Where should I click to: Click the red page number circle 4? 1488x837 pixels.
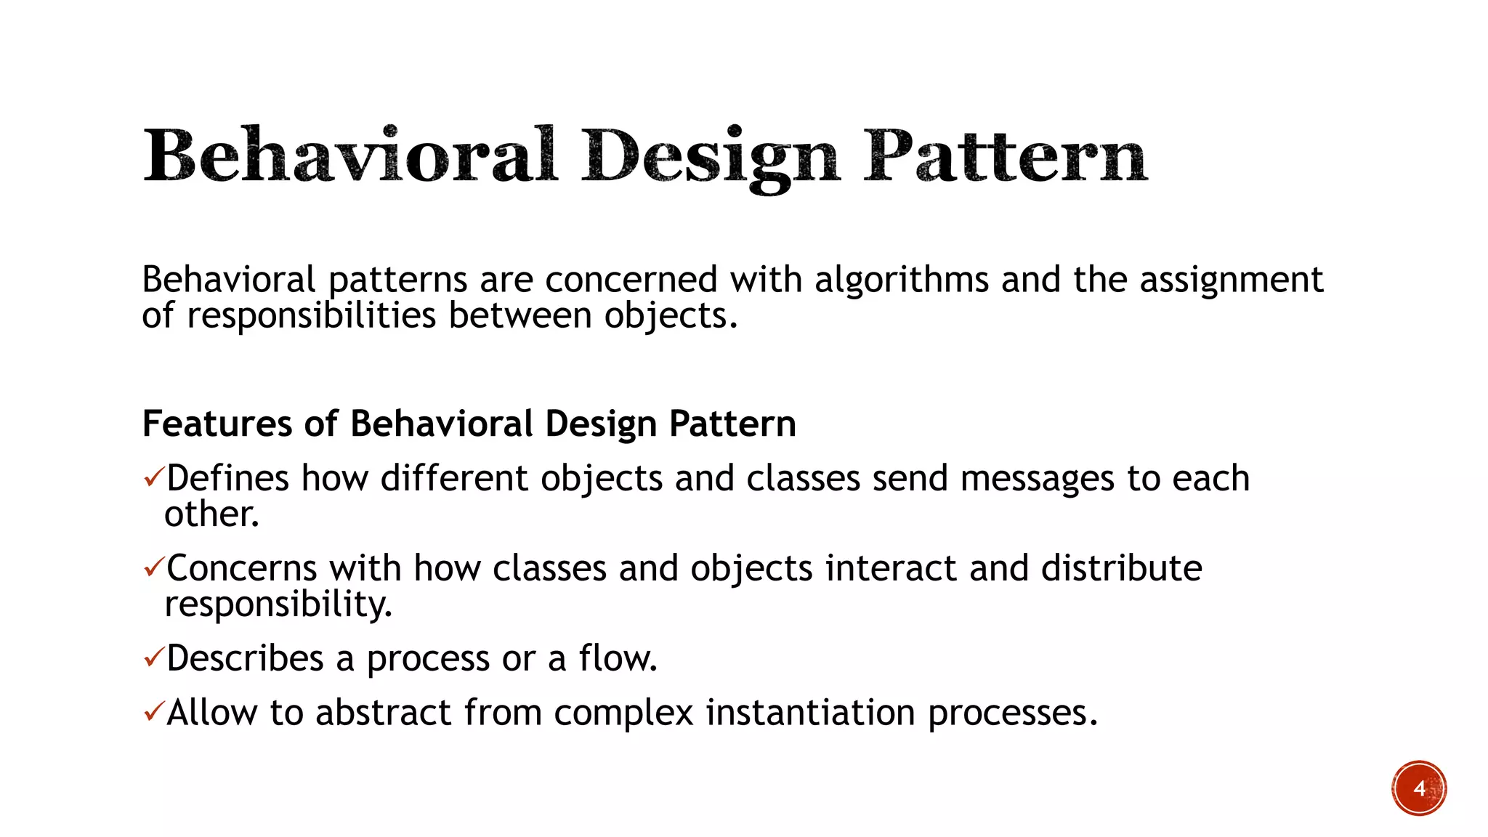[x=1419, y=788]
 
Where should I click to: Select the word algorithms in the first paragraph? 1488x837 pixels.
[x=901, y=280]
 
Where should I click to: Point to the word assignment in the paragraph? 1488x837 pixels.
[x=1231, y=280]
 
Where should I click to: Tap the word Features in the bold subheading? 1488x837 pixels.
[x=217, y=424]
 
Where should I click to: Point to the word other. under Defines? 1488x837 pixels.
[x=211, y=514]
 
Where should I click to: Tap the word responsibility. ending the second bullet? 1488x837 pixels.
[x=278, y=604]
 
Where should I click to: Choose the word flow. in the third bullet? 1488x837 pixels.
[x=618, y=658]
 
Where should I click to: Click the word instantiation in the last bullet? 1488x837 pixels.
[x=810, y=712]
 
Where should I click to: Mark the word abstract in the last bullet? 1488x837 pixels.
[x=384, y=712]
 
